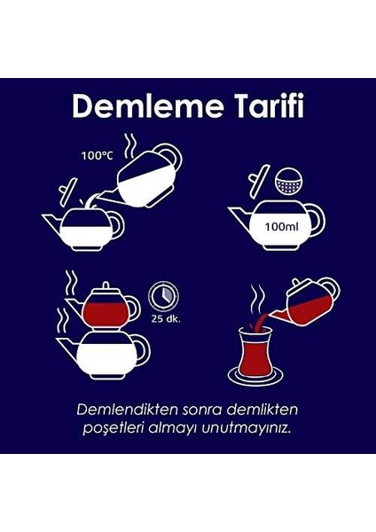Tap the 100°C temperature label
[97, 156]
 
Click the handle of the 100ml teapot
[317, 223]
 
